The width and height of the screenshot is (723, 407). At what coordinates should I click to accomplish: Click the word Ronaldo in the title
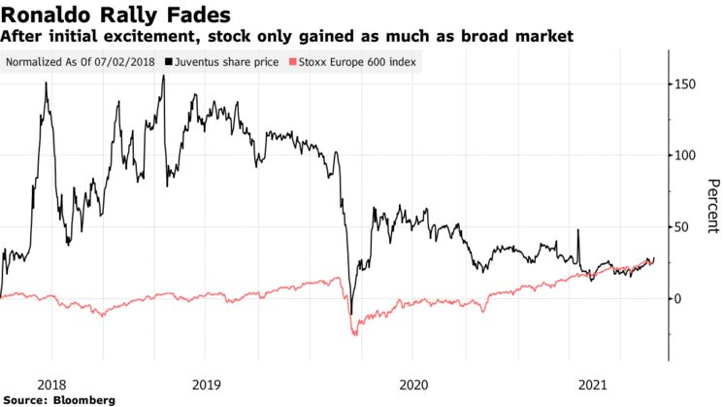coord(54,14)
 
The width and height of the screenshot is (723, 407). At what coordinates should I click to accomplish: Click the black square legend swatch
coord(169,61)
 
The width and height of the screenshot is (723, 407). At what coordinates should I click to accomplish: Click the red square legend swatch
coord(285,61)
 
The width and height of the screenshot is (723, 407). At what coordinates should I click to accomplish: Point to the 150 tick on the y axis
coord(685,85)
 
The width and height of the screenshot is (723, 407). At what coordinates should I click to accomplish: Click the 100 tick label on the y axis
coord(685,155)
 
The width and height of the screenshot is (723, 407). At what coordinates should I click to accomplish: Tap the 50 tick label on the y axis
coord(682,226)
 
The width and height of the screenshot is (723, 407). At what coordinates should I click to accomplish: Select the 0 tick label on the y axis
coord(679,298)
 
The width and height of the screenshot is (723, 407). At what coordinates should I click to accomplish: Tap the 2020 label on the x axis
coord(413,383)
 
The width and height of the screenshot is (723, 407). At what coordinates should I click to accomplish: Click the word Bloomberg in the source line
coord(84,399)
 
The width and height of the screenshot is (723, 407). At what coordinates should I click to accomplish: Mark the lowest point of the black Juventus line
coord(351,314)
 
